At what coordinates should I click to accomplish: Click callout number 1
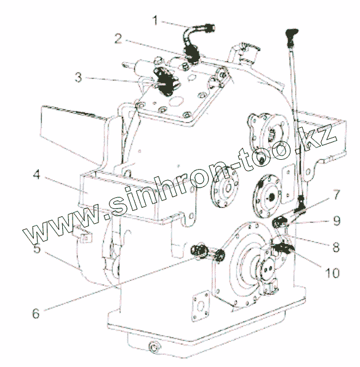tap(156, 21)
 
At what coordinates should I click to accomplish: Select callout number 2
tap(118, 39)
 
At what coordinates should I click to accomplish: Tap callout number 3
tap(79, 77)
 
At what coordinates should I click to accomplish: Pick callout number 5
tap(37, 248)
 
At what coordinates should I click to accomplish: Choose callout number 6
tap(36, 314)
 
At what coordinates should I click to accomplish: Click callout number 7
tap(337, 194)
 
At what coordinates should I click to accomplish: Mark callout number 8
tap(336, 247)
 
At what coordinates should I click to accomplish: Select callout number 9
tap(337, 221)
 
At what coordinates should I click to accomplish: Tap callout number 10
tap(332, 273)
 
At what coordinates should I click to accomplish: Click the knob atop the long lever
tap(291, 35)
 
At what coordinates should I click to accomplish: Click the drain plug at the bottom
tap(154, 347)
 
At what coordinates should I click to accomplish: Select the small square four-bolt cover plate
tap(201, 306)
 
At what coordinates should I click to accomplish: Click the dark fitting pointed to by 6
tap(199, 251)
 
